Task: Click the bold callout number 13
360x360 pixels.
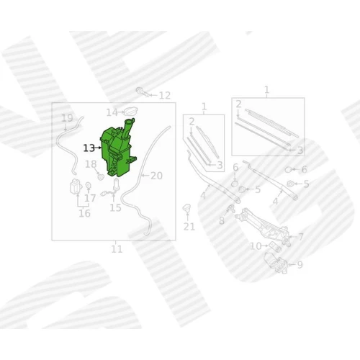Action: point(89,148)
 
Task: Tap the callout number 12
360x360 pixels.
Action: point(165,96)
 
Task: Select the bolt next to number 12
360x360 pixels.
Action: point(142,92)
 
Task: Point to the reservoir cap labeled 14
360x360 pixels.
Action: point(131,111)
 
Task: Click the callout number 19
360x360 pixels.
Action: point(67,118)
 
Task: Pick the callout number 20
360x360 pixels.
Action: point(156,176)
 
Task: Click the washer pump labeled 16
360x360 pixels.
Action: point(76,186)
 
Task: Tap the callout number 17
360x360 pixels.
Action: point(90,198)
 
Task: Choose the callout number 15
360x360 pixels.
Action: point(115,208)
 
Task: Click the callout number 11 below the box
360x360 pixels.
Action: point(117,249)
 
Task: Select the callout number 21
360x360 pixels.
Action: point(189,227)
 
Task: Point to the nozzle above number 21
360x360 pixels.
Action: point(187,208)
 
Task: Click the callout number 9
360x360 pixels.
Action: point(300,265)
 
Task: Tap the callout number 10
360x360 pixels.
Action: point(256,246)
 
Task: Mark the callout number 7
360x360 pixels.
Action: point(301,237)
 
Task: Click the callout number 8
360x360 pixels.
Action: point(222,221)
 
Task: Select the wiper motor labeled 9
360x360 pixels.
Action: point(276,263)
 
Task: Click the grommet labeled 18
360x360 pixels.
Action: point(101,177)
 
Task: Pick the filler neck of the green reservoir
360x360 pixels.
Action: point(127,128)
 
